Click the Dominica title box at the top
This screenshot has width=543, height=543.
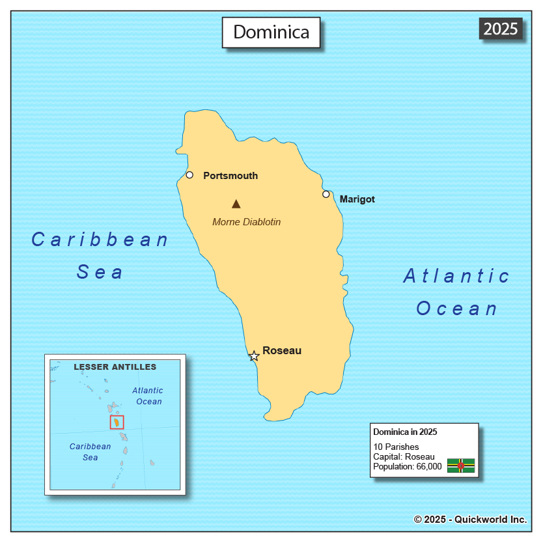click(x=271, y=32)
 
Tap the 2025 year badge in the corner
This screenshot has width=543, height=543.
click(x=501, y=29)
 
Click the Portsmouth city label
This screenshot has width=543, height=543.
click(x=230, y=176)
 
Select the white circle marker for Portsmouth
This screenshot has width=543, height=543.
click(x=189, y=174)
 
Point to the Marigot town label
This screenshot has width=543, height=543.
click(x=357, y=199)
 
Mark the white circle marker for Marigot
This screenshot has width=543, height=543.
click(x=326, y=194)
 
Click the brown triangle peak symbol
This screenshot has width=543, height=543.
click(x=236, y=204)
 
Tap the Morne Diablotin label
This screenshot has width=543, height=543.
click(x=246, y=222)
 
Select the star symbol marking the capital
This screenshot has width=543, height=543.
click(x=254, y=356)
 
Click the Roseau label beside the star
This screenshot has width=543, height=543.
click(x=282, y=350)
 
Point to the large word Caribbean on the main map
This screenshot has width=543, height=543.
click(x=100, y=240)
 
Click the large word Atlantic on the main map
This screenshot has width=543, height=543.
click(x=456, y=276)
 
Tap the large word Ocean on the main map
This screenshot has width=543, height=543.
click(x=457, y=308)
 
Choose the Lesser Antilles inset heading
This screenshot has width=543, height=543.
click(x=115, y=367)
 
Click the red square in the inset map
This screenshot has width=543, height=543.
click(x=117, y=422)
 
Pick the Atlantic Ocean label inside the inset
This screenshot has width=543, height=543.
click(x=148, y=396)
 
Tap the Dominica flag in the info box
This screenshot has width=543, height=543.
click(x=460, y=465)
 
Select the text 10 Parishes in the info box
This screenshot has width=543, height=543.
click(x=396, y=447)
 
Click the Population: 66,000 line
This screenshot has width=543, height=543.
click(x=407, y=466)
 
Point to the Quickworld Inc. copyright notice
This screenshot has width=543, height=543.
click(x=470, y=519)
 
